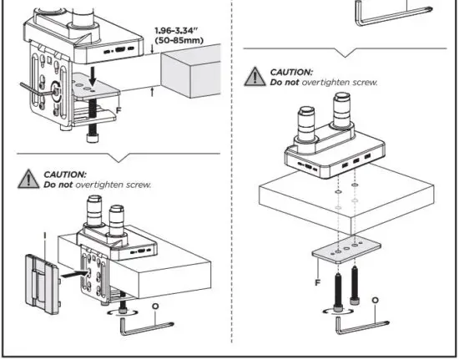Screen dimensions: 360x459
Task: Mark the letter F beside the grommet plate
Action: [x=318, y=282]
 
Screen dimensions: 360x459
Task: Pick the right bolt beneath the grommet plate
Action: [x=356, y=285]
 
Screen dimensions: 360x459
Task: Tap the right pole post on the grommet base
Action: [x=343, y=109]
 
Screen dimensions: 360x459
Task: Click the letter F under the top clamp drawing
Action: [x=119, y=109]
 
